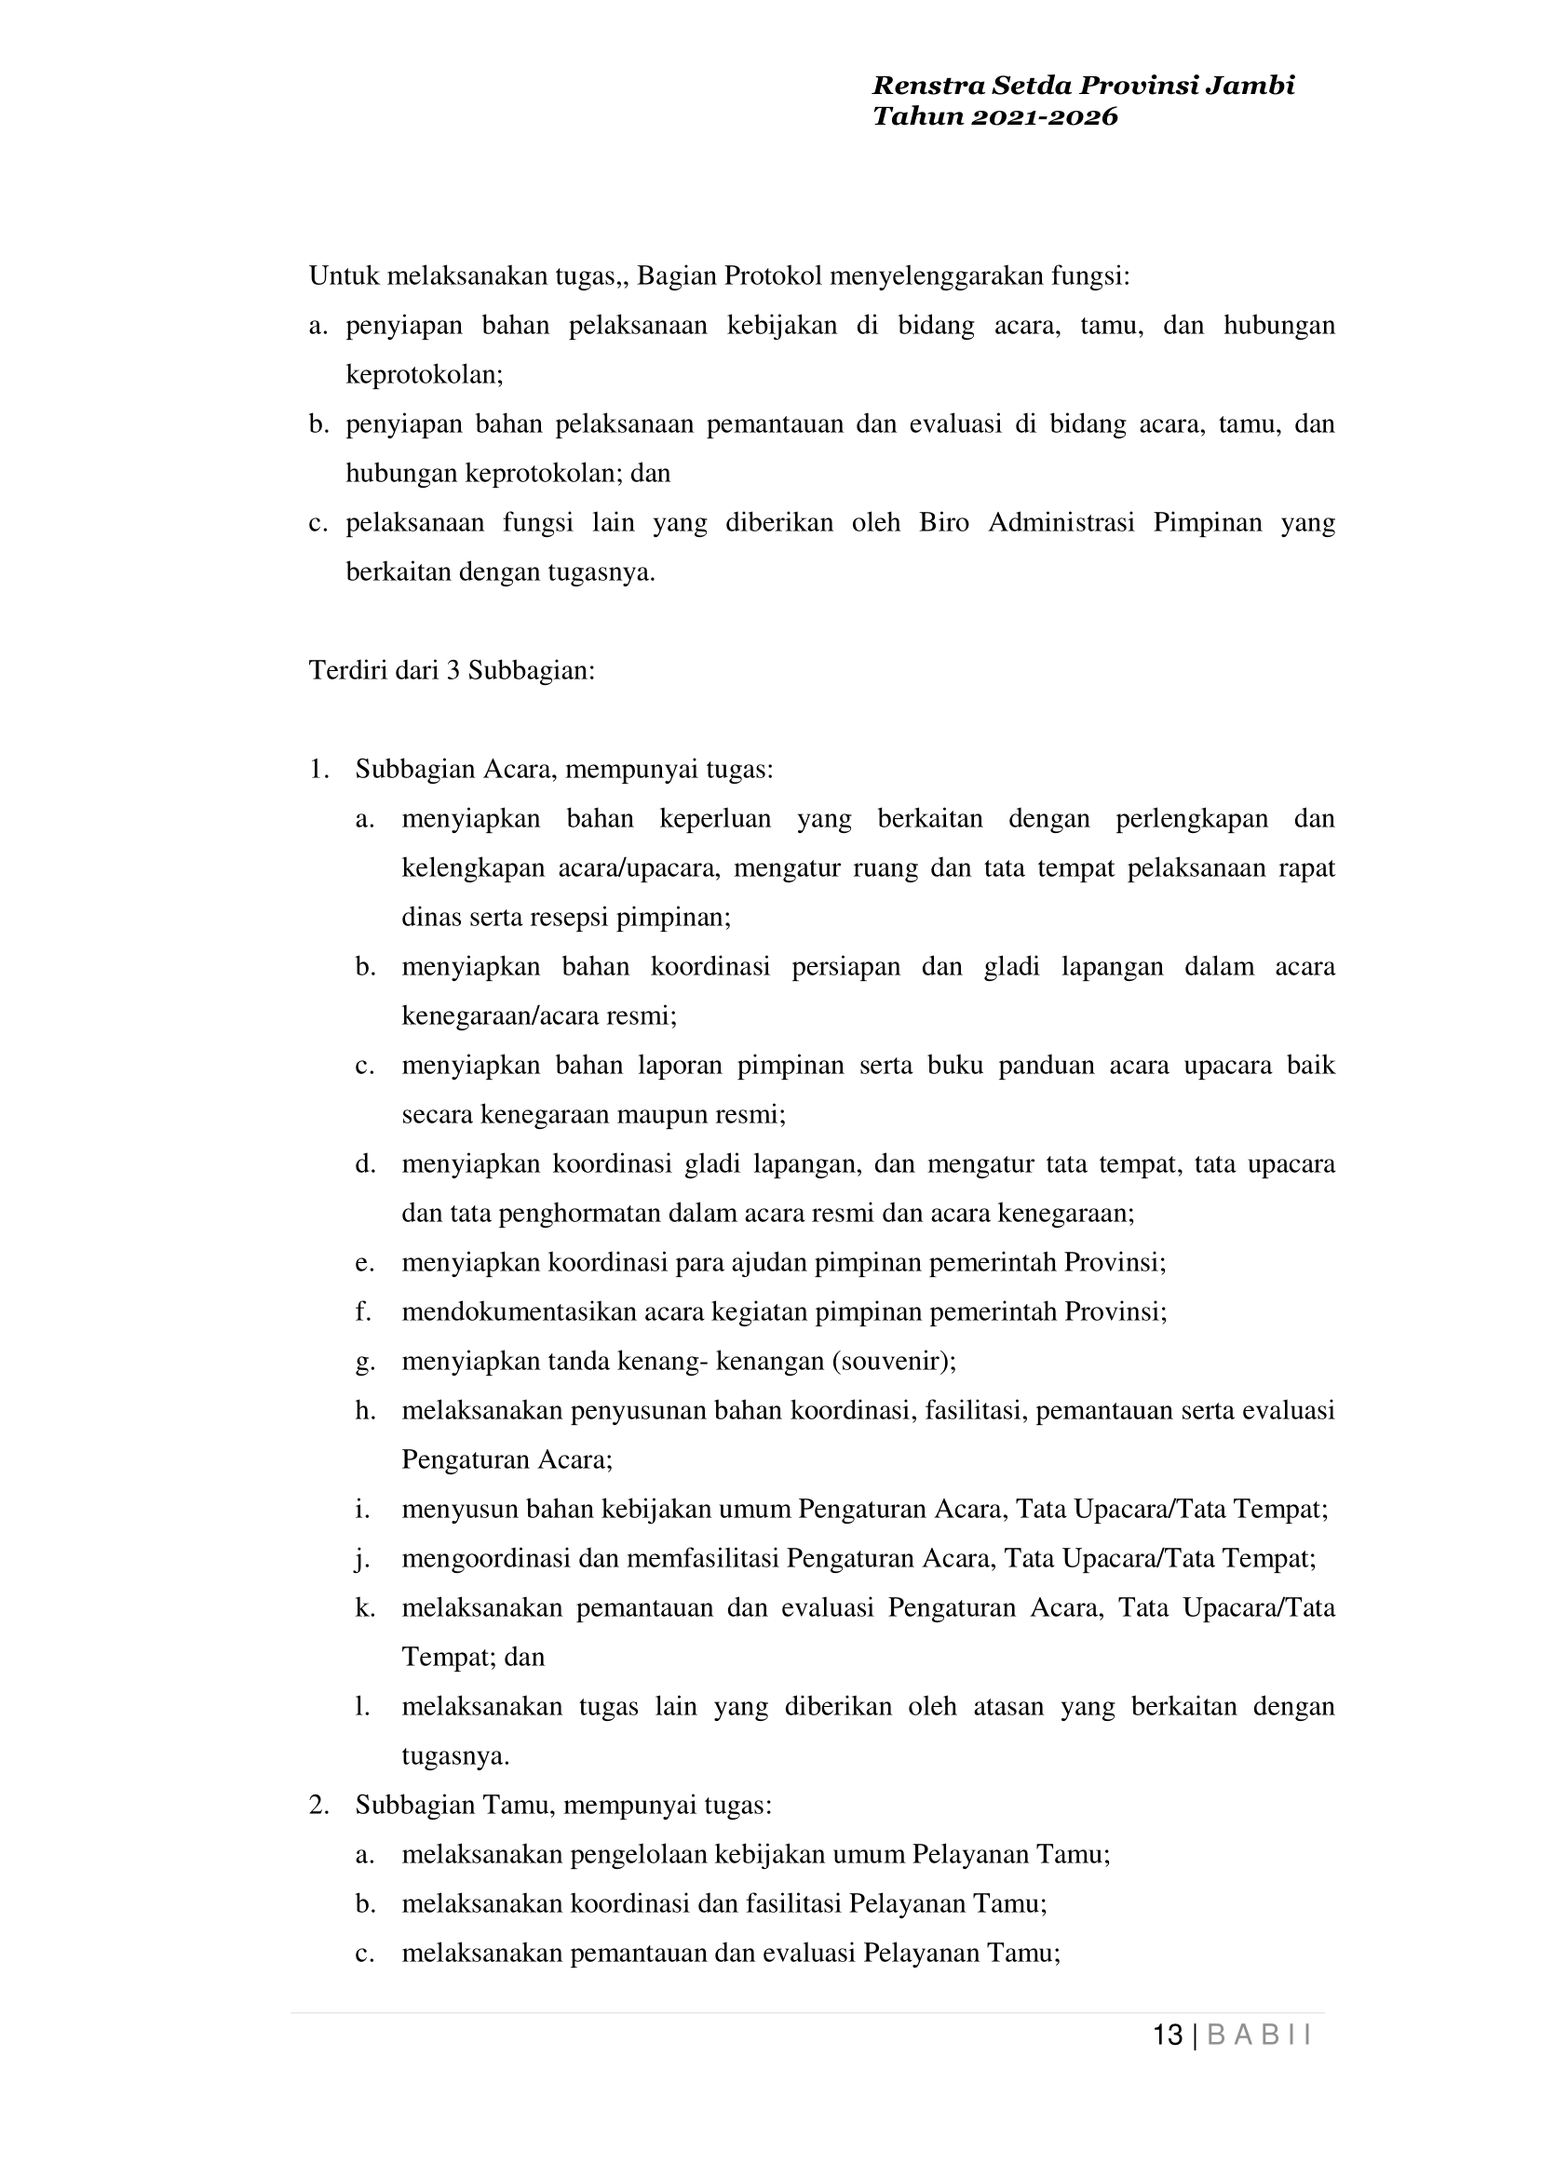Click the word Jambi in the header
click(x=1250, y=87)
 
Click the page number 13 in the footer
click(x=1167, y=2035)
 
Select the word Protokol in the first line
click(x=773, y=276)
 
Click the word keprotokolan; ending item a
click(x=425, y=375)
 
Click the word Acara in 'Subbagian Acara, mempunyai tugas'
click(x=518, y=770)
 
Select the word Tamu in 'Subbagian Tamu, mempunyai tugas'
click(x=518, y=1805)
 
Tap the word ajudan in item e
click(x=765, y=1263)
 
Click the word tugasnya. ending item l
click(x=455, y=1755)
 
